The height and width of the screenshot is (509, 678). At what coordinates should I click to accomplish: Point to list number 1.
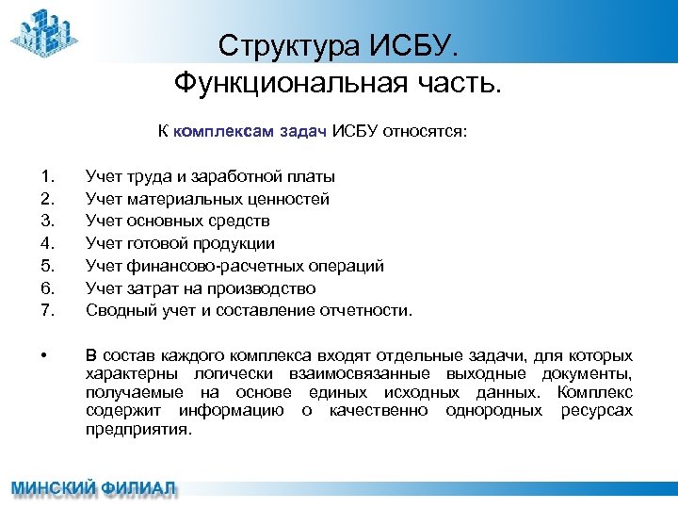point(48,176)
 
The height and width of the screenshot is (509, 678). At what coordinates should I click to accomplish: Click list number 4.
point(48,243)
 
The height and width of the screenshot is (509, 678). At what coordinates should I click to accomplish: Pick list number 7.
point(48,310)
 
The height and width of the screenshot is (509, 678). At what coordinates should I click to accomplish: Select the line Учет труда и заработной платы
point(209,176)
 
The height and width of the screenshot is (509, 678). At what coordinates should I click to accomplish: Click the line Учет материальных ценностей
point(207,199)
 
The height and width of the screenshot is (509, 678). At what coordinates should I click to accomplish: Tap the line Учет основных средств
point(177,221)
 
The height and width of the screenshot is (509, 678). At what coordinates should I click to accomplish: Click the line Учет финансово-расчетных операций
point(234,266)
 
